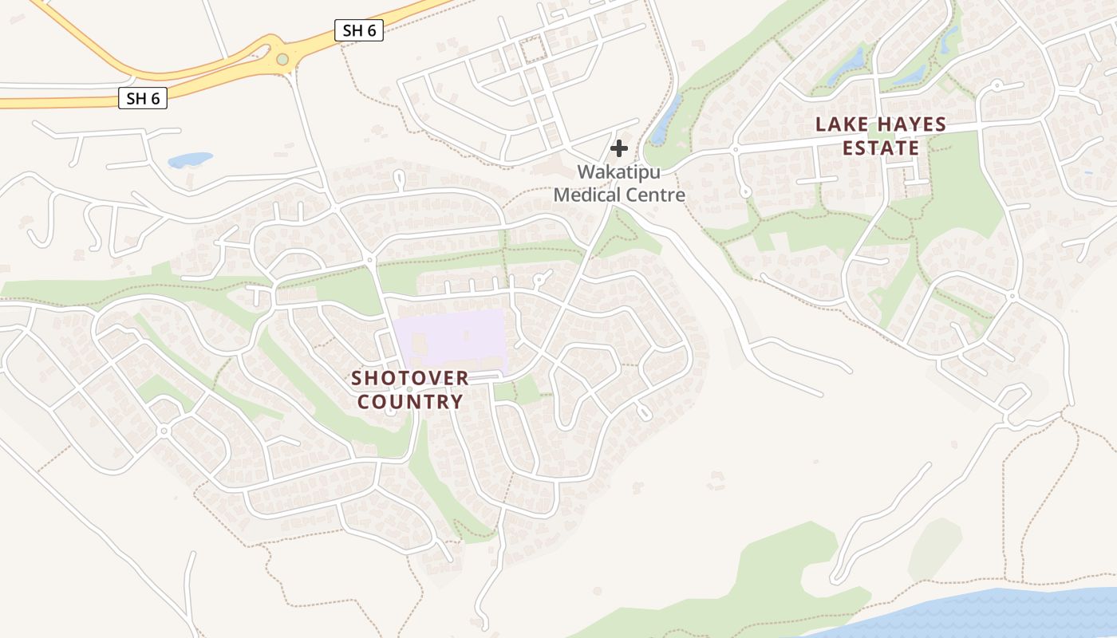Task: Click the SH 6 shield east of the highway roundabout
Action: tap(359, 31)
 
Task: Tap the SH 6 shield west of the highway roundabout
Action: tap(143, 99)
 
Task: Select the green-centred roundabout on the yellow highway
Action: tap(282, 59)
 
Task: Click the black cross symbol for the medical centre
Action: tap(619, 148)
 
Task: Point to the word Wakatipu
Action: tap(619, 172)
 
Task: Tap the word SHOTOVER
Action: tap(410, 377)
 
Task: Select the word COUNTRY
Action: tap(410, 401)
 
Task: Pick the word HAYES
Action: tap(911, 125)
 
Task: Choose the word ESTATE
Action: tap(881, 148)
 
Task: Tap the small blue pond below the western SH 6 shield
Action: tap(190, 159)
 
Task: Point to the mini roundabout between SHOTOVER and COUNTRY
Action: tap(409, 389)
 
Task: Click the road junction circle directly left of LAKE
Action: tap(735, 149)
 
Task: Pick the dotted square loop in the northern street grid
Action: tap(531, 49)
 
